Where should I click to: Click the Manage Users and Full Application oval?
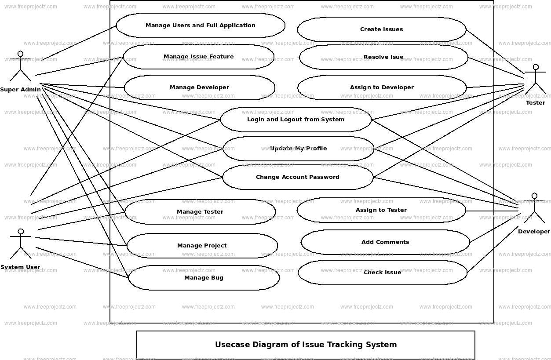pyautogui.click(x=201, y=25)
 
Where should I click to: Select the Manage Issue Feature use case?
pyautogui.click(x=198, y=57)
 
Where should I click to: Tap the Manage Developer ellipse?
pyautogui.click(x=199, y=87)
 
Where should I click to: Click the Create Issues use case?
pyautogui.click(x=381, y=29)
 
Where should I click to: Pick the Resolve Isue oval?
pyautogui.click(x=383, y=57)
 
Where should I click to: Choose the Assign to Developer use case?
pyautogui.click(x=382, y=87)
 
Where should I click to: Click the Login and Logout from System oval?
pyautogui.click(x=296, y=120)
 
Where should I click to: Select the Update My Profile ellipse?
pyautogui.click(x=298, y=149)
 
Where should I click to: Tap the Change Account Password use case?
pyautogui.click(x=298, y=177)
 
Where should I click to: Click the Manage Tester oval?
pyautogui.click(x=200, y=212)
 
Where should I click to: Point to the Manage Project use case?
pyautogui.click(x=202, y=246)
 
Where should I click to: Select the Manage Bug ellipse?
pyautogui.click(x=204, y=278)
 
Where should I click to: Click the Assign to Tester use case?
pyautogui.click(x=381, y=210)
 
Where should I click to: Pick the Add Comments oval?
pyautogui.click(x=385, y=242)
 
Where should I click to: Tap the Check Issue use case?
pyautogui.click(x=382, y=273)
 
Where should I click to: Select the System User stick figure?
pyautogui.click(x=20, y=244)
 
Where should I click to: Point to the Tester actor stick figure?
pyautogui.click(x=535, y=80)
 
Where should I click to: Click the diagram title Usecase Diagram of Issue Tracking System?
pyautogui.click(x=306, y=345)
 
